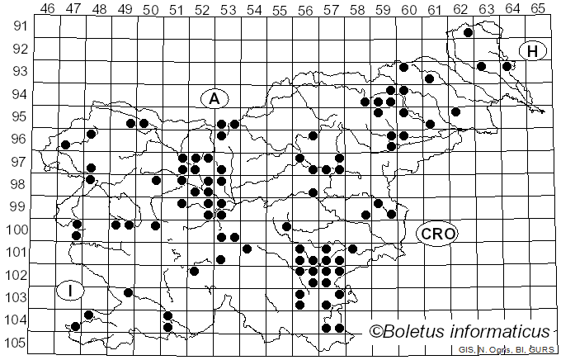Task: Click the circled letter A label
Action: click(x=214, y=98)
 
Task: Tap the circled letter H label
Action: click(x=533, y=51)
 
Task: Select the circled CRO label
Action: click(x=436, y=234)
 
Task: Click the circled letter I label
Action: click(x=71, y=291)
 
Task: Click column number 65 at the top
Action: click(x=537, y=9)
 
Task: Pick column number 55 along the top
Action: click(x=279, y=9)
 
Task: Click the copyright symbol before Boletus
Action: click(x=376, y=332)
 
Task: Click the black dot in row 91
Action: click(x=468, y=33)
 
